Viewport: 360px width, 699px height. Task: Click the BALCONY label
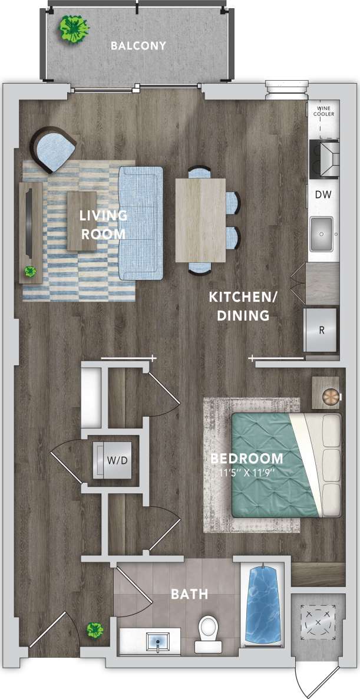[138, 45]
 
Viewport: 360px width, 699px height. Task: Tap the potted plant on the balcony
[74, 28]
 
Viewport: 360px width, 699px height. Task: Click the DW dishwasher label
[322, 194]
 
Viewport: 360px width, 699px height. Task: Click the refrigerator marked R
[321, 330]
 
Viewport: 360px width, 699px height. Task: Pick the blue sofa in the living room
[140, 223]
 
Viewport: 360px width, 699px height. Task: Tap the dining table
[201, 219]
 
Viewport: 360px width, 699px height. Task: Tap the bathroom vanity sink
[158, 641]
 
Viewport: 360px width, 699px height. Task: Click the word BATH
[189, 594]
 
